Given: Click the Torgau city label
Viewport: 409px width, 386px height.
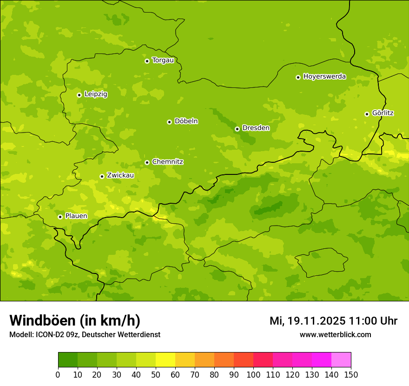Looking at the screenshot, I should coord(163,60).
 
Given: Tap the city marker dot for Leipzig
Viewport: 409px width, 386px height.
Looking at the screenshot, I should coord(79,95).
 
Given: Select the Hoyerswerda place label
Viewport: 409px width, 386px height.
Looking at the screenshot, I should coord(324,77).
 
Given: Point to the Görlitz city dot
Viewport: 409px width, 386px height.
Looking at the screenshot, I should coord(367,114).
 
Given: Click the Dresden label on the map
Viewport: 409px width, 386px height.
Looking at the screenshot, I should coord(256,128).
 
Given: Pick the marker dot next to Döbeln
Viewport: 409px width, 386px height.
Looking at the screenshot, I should coord(169,122).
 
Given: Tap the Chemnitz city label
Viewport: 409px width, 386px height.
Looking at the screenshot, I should coord(167,162).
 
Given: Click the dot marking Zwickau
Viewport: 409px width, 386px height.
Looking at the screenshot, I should coord(102,176).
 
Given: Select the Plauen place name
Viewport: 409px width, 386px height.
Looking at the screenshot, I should coord(76,216).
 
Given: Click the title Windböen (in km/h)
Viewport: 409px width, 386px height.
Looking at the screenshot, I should coord(75,320).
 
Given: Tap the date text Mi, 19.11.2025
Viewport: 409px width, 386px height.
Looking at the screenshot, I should coord(307,321).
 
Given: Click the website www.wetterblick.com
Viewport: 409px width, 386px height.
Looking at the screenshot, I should coord(335,334).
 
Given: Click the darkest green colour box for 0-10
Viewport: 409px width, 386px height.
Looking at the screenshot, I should coord(68,360).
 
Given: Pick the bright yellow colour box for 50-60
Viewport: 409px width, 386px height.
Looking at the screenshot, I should coord(165,360).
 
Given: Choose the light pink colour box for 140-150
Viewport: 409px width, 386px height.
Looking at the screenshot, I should coord(341,360).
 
